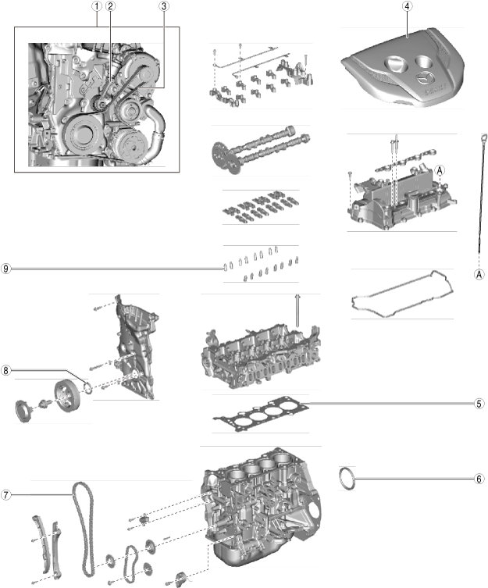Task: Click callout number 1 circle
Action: click(95, 6)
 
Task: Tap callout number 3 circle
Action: click(163, 6)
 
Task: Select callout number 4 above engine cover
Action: click(407, 6)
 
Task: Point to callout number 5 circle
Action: click(479, 404)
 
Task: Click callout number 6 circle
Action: click(479, 478)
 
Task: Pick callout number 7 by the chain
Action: click(6, 494)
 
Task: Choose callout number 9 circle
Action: click(6, 269)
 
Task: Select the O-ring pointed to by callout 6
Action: click(347, 477)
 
